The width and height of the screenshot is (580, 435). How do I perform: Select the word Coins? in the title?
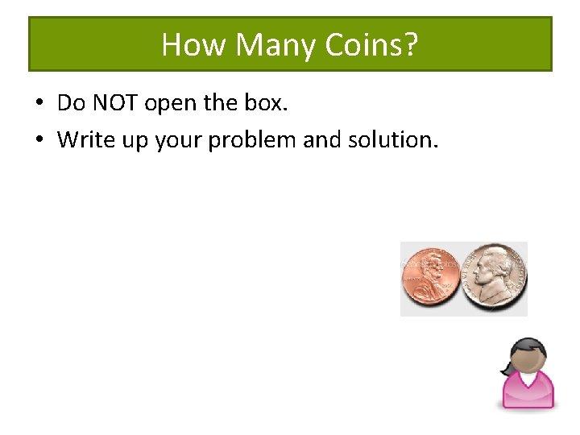click(x=371, y=45)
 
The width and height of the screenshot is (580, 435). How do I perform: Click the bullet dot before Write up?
click(x=38, y=140)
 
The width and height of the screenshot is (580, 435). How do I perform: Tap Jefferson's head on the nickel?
click(x=491, y=270)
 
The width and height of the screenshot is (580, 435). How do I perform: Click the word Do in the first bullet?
click(x=71, y=104)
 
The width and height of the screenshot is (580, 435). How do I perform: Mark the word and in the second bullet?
click(x=321, y=139)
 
